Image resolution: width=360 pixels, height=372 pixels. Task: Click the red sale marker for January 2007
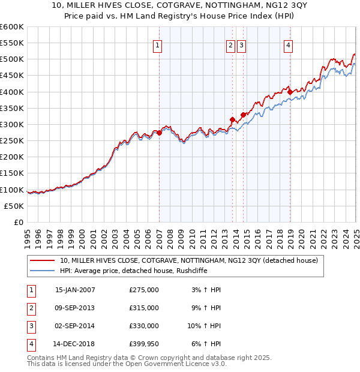pyautogui.click(x=159, y=133)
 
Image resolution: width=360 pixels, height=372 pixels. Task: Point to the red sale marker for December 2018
pyautogui.click(x=290, y=92)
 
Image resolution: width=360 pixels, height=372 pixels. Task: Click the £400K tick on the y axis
pyautogui.click(x=12, y=92)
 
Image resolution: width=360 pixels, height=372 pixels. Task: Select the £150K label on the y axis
pyautogui.click(x=12, y=173)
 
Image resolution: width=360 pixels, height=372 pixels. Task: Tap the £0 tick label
pyautogui.click(x=18, y=222)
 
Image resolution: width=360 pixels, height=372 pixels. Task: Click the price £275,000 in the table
pyautogui.click(x=144, y=290)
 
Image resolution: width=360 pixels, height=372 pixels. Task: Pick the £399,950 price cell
pyautogui.click(x=144, y=344)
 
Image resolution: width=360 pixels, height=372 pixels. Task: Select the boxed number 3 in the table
pyautogui.click(x=31, y=326)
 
